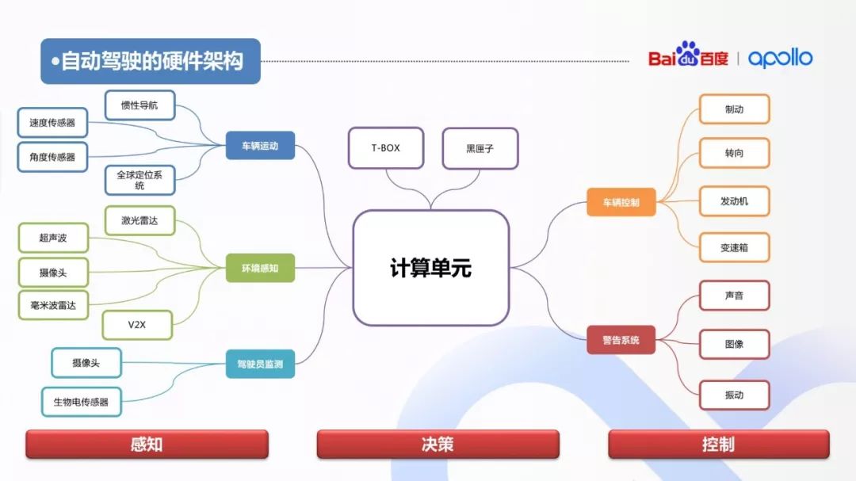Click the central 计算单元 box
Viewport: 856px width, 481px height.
[430, 268]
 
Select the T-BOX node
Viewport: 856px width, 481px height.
[385, 148]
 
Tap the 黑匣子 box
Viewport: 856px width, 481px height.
[480, 148]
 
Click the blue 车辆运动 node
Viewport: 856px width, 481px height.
[260, 146]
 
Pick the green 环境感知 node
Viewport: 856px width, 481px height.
[260, 269]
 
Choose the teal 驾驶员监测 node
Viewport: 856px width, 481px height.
[260, 364]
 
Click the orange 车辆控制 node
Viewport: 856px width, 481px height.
[621, 202]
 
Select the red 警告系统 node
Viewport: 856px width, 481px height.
[621, 340]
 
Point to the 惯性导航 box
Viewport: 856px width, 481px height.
[139, 105]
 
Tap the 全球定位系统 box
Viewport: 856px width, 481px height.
[139, 180]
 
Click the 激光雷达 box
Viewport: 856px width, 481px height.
[139, 220]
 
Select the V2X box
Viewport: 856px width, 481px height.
[137, 325]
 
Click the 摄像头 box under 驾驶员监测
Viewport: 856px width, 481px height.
[86, 363]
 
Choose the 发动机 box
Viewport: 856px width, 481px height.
[734, 201]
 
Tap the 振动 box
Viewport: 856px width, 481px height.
[734, 395]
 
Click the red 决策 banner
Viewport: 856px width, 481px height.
[438, 445]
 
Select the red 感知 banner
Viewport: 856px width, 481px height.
[147, 445]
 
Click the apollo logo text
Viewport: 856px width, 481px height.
[780, 58]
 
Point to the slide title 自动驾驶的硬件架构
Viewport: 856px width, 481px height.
[151, 61]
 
